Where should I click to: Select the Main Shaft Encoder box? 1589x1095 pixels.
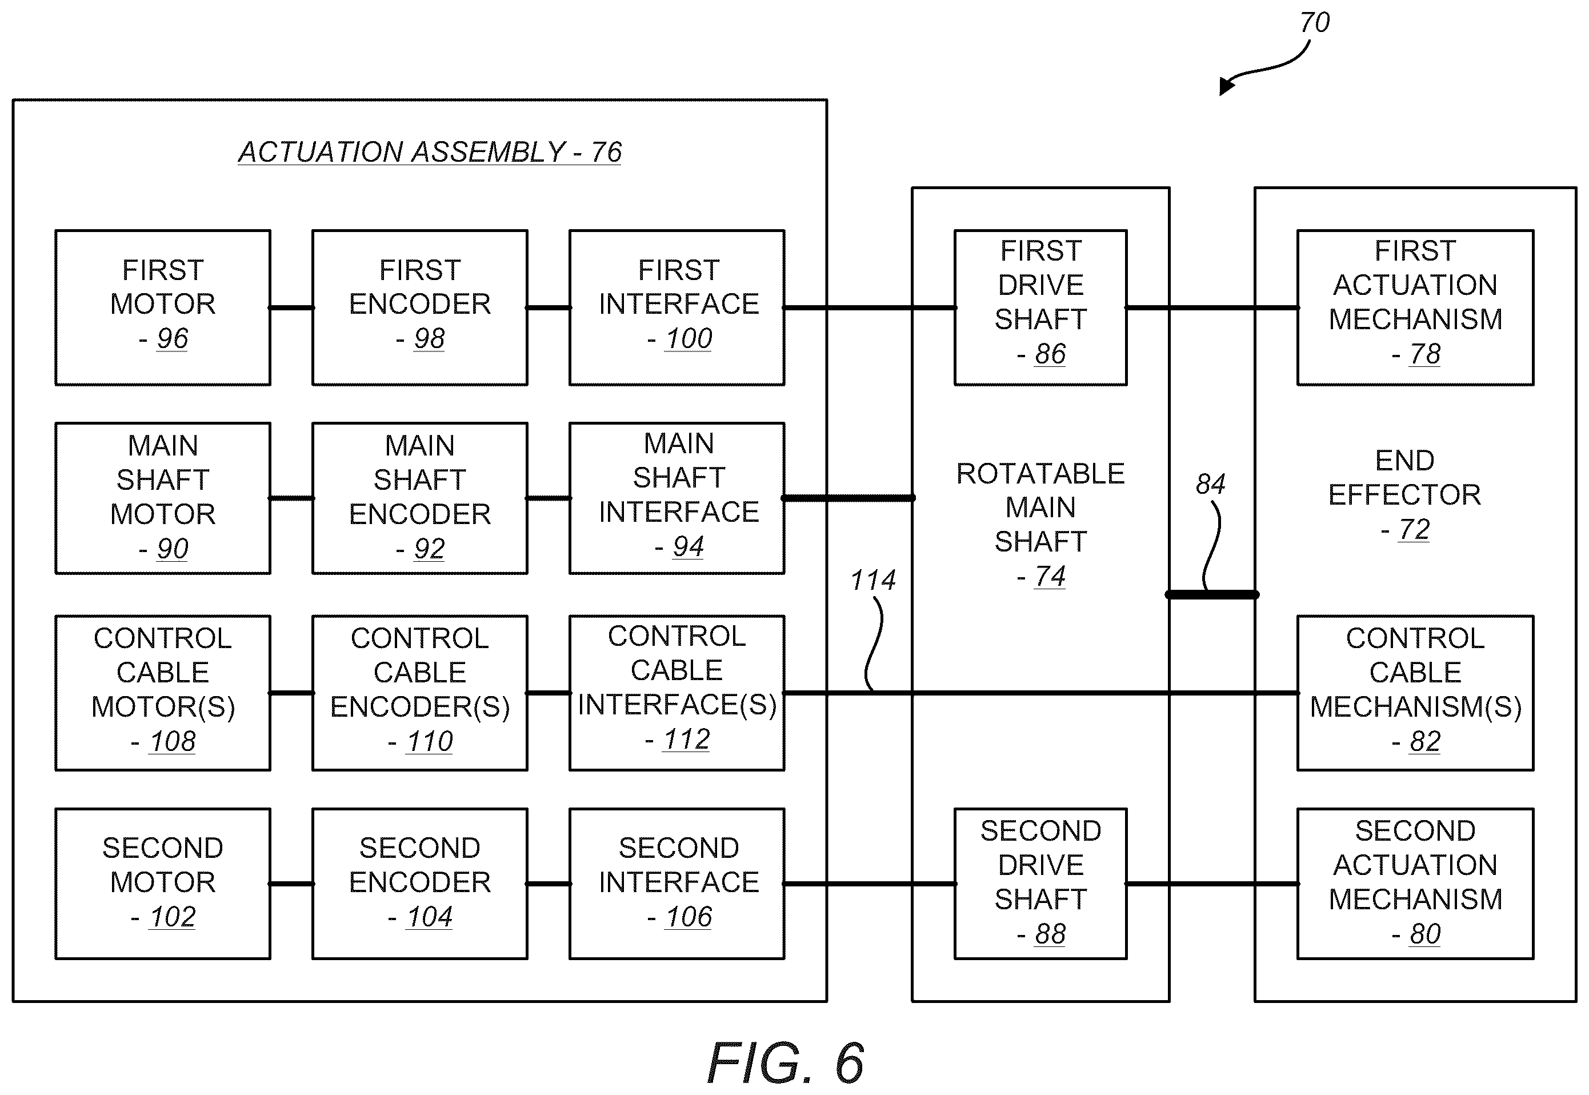[x=420, y=498]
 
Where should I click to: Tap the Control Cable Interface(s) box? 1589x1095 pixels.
[x=677, y=693]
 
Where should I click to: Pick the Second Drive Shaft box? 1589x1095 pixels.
[x=1040, y=884]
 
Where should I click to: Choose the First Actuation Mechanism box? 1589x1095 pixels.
[x=1415, y=307]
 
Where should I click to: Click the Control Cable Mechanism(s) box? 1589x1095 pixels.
[x=1415, y=693]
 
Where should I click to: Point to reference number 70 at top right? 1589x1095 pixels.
[x=1315, y=23]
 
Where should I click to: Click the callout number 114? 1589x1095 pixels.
[x=872, y=581]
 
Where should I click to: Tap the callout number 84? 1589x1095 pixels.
[x=1210, y=485]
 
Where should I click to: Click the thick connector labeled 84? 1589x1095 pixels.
[x=1212, y=595]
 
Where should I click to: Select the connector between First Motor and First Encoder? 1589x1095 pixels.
[x=291, y=308]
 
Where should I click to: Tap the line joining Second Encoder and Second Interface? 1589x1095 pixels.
[x=549, y=884]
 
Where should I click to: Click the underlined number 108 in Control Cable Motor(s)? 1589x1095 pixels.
[x=173, y=742]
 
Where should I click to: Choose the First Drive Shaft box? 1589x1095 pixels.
[x=1040, y=307]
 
